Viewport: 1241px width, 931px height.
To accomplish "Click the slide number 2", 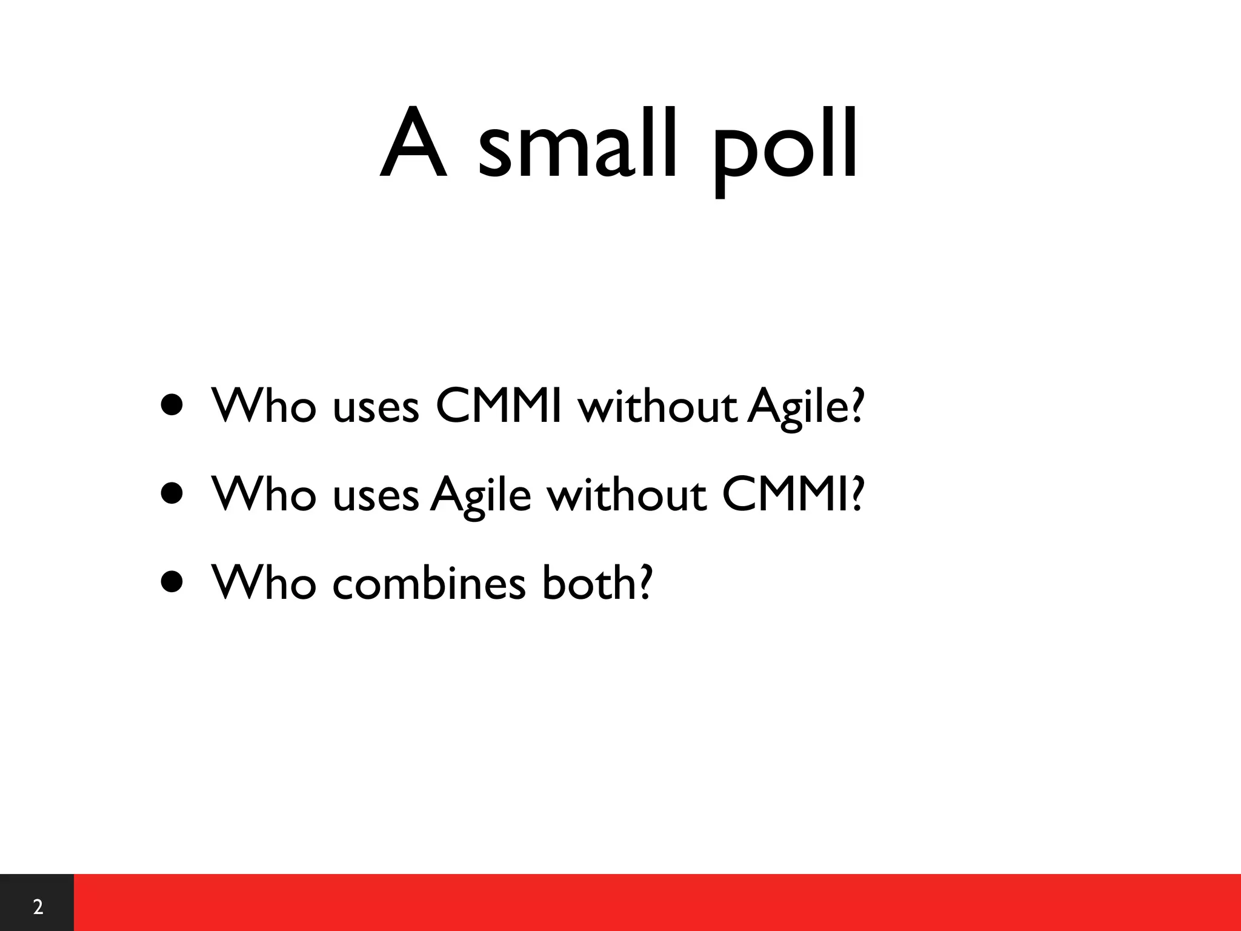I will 38,907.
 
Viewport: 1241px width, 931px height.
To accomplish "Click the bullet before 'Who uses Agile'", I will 172,494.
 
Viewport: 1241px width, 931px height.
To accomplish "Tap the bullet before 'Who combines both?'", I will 172,582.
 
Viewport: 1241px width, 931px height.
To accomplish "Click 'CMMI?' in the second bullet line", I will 792,494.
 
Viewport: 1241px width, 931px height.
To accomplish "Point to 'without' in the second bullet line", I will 627,494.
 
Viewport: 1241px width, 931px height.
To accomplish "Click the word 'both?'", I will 597,582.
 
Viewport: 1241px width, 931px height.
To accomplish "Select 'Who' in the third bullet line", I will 264,582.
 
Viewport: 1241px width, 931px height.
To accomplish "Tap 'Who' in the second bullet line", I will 264,494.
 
